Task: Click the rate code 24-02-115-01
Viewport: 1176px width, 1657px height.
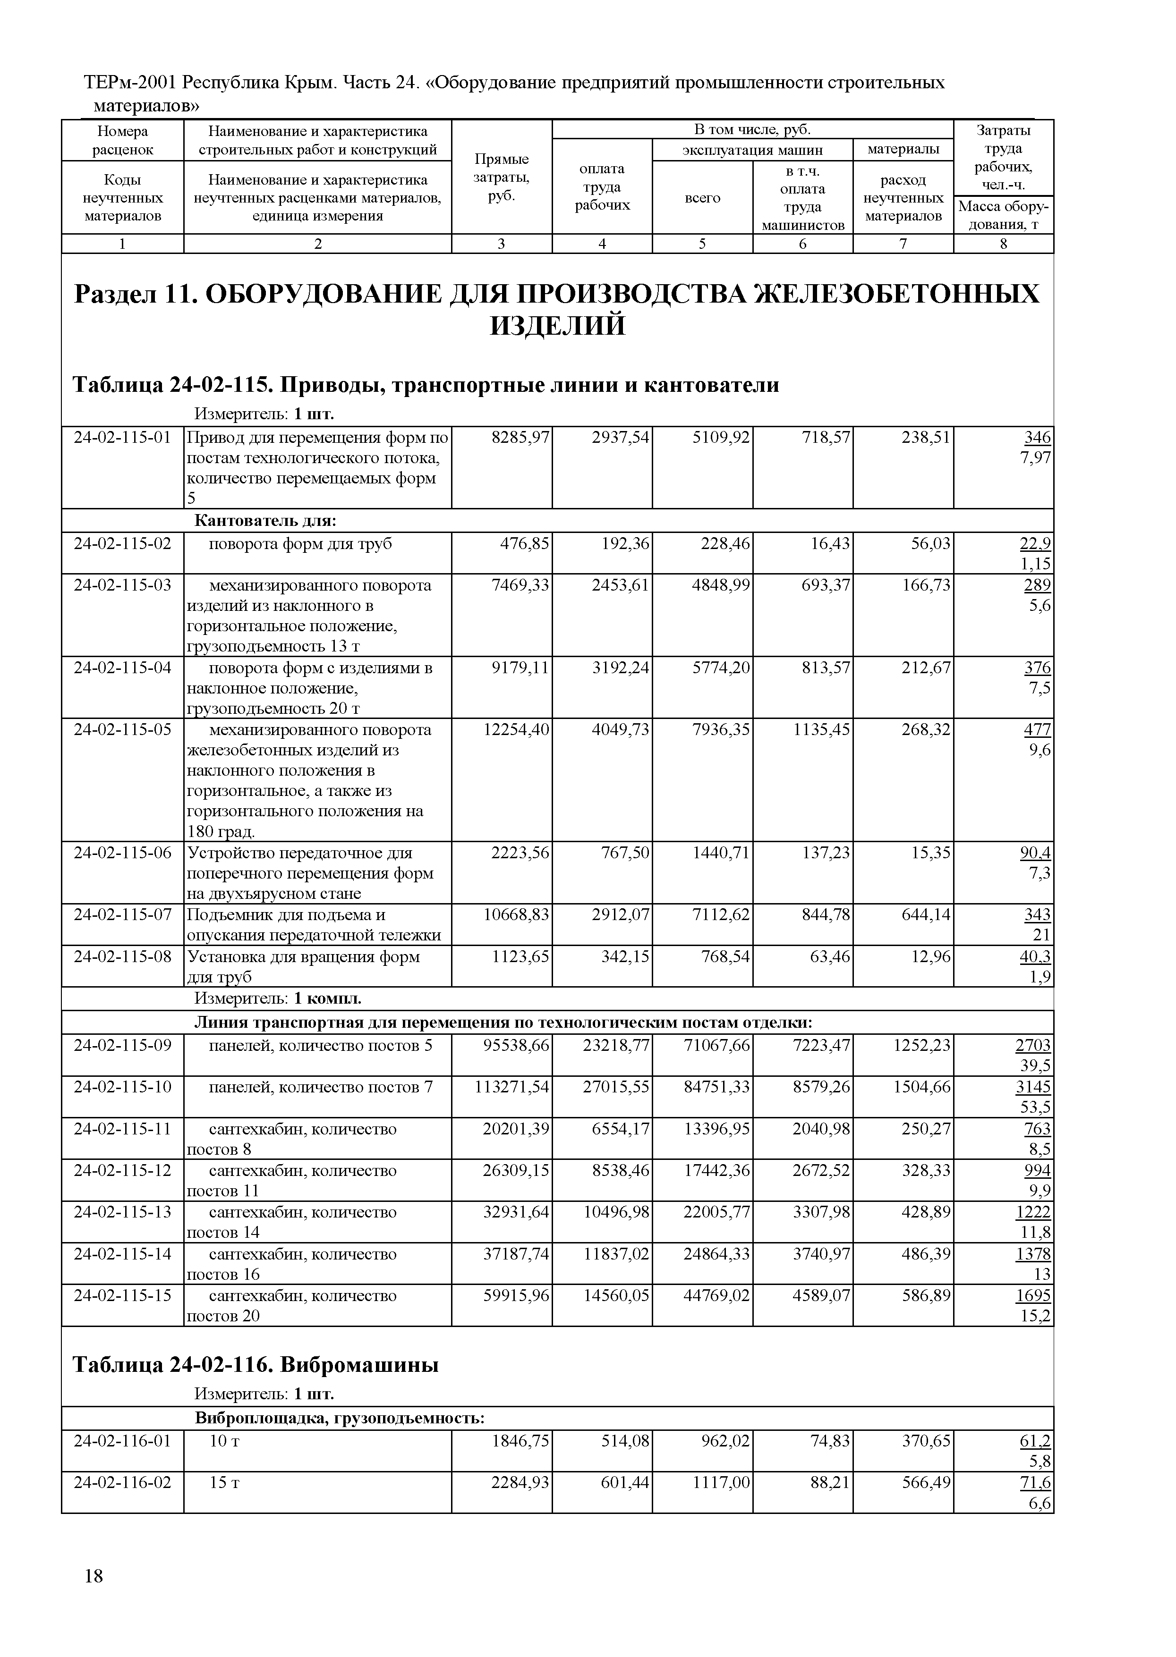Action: click(x=122, y=438)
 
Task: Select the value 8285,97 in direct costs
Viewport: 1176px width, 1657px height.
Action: click(x=520, y=438)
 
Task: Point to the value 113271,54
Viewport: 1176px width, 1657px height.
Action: click(x=512, y=1087)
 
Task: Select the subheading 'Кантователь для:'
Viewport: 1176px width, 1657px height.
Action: click(x=266, y=521)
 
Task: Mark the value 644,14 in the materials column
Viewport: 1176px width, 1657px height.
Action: click(x=926, y=915)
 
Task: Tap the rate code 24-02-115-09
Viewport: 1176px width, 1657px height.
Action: click(x=122, y=1045)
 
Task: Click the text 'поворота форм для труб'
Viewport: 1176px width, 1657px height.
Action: click(x=300, y=544)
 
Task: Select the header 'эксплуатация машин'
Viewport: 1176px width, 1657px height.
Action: click(x=752, y=150)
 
